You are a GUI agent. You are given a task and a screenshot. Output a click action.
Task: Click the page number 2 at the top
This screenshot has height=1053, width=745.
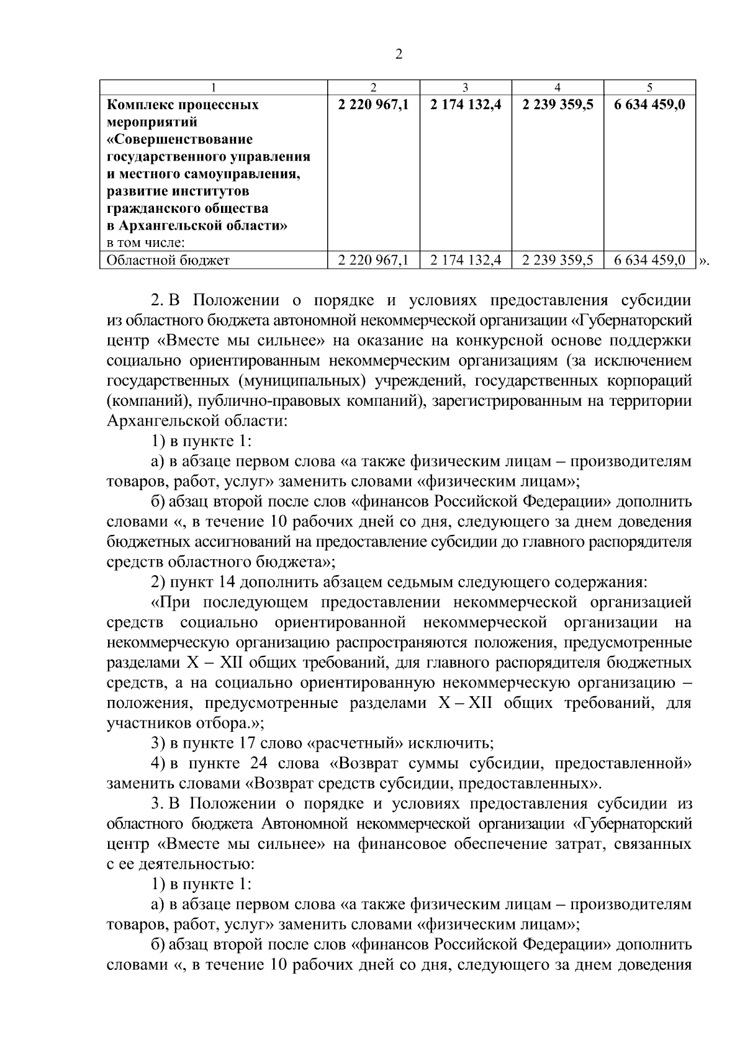[x=399, y=55]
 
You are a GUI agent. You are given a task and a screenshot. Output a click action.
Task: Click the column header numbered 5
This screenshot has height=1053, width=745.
[x=649, y=87]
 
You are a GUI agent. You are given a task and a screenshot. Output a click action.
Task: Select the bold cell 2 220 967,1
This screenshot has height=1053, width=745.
[x=373, y=105]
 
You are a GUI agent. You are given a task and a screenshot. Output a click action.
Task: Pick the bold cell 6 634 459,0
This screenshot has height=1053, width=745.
[x=649, y=105]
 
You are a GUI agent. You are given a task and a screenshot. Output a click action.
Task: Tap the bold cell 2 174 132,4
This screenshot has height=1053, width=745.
[x=466, y=105]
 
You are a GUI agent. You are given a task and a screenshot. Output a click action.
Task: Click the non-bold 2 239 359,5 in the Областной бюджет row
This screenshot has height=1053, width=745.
[x=558, y=261]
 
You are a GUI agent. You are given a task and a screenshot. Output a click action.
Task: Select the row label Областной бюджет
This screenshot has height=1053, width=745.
[x=168, y=261]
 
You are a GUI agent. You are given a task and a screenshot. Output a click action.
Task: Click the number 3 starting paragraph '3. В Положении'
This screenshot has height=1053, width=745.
[x=156, y=803]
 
